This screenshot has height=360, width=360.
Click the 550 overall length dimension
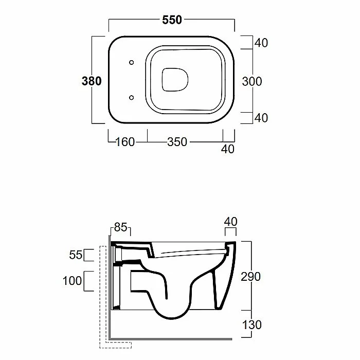point(172,20)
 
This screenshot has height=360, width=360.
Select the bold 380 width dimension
point(92,81)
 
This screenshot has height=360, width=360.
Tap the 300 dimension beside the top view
point(252,81)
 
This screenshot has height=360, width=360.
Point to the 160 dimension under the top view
point(125,142)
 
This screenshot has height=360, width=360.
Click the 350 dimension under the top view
point(177,142)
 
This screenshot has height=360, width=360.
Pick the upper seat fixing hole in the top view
point(132,62)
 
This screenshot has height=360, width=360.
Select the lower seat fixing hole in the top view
point(132,98)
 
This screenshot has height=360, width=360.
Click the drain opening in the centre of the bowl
point(175,80)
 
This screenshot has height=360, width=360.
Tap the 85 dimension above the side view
point(120,227)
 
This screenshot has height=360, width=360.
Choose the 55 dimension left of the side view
point(76,255)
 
